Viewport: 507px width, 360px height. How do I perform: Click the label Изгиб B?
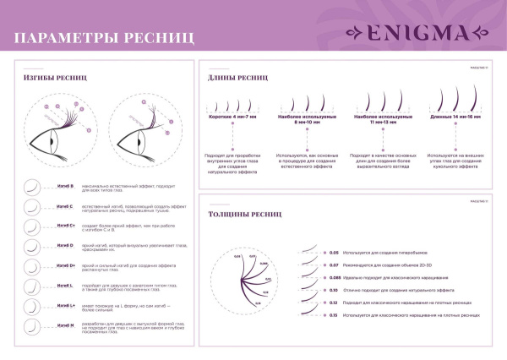[x=65, y=185]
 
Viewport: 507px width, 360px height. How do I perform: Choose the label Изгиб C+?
[x=66, y=226]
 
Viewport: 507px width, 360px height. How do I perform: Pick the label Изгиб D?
[x=65, y=246]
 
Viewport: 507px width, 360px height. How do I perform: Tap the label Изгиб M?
[x=65, y=325]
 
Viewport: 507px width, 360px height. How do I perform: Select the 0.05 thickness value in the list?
[x=334, y=253]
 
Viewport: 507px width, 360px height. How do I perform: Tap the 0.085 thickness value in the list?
[x=335, y=277]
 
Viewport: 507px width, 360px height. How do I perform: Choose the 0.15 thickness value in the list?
[x=334, y=314]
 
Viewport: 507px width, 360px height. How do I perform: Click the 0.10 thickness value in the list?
[x=334, y=290]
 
